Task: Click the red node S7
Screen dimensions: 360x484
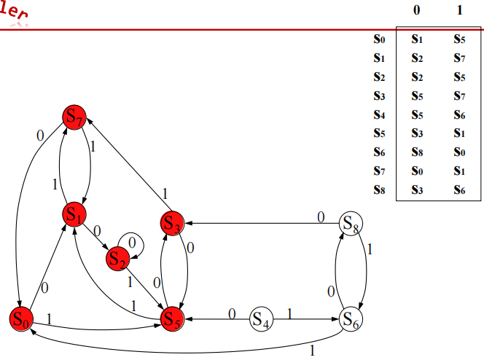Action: [75, 116]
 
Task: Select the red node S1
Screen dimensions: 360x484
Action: [74, 214]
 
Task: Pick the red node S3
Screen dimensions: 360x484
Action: [173, 222]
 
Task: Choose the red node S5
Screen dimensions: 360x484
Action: [172, 319]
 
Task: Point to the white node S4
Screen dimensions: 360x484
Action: [261, 319]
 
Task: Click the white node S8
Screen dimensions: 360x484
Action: [351, 222]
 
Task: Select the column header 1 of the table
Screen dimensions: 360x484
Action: [458, 11]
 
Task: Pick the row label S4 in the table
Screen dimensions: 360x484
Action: [378, 116]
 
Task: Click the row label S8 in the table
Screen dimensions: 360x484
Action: [378, 191]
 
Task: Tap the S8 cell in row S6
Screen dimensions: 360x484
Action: [417, 153]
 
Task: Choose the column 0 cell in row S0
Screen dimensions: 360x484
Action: [417, 40]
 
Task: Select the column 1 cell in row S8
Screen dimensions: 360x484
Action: [458, 191]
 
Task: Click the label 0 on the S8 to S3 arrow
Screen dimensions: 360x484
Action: [320, 216]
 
